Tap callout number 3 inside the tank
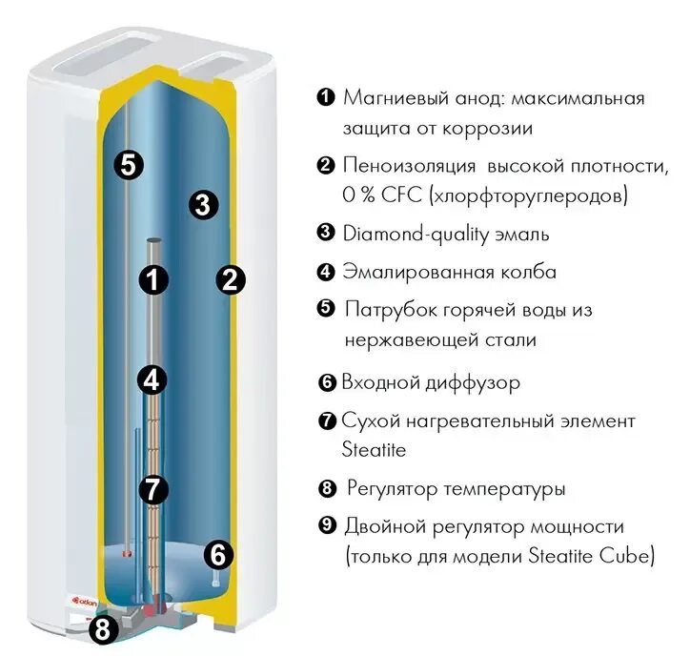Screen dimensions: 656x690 pos(203,203)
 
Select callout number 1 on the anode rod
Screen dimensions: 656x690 pos(153,279)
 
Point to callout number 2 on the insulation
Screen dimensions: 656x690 pos(232,279)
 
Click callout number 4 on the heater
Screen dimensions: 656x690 pos(152,379)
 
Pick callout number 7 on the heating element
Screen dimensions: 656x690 pos(152,489)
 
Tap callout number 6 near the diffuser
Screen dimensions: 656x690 pos(218,553)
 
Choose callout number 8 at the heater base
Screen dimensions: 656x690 pos(104,628)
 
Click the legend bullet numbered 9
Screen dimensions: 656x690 pos(326,526)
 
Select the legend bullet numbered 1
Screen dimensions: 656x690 pos(325,97)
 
